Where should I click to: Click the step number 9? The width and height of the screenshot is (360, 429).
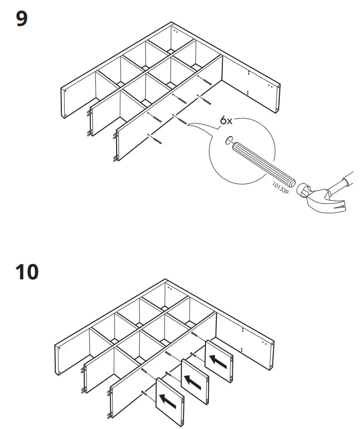click(22, 19)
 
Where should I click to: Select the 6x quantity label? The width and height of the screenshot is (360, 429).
click(227, 121)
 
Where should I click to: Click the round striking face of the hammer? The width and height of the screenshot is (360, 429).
click(302, 191)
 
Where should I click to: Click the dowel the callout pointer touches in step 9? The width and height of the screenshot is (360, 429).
click(180, 121)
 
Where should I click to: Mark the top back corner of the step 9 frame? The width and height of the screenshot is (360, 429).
click(172, 23)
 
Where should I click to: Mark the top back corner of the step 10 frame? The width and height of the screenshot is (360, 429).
click(165, 281)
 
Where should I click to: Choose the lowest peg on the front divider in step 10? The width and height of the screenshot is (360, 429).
click(109, 416)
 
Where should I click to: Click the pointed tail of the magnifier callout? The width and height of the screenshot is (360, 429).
click(188, 125)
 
